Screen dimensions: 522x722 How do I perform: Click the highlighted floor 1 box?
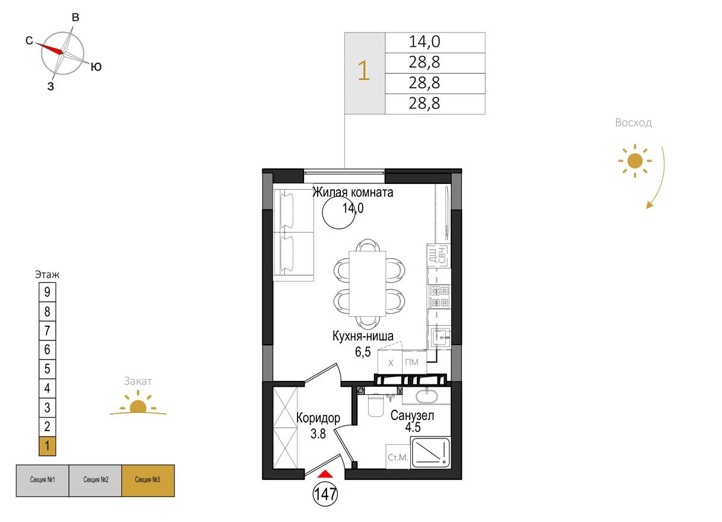pyautogui.click(x=47, y=446)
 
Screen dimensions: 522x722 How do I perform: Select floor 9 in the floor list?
pyautogui.click(x=47, y=292)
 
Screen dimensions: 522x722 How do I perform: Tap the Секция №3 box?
pyautogui.click(x=148, y=480)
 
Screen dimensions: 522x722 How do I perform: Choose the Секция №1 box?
pyautogui.click(x=42, y=480)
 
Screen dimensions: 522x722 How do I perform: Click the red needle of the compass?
pyautogui.click(x=51, y=48)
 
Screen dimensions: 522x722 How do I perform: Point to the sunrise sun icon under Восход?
pyautogui.click(x=635, y=160)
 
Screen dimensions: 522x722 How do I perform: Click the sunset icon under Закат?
pyautogui.click(x=138, y=407)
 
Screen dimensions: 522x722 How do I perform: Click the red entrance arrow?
pyautogui.click(x=325, y=473)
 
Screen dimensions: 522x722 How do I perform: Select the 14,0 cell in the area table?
pyautogui.click(x=435, y=43)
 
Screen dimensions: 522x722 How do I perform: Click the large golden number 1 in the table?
pyautogui.click(x=364, y=73)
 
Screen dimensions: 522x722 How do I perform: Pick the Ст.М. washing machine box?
pyautogui.click(x=397, y=457)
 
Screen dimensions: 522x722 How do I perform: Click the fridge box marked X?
pyautogui.click(x=390, y=362)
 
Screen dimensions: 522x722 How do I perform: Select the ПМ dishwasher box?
pyautogui.click(x=411, y=362)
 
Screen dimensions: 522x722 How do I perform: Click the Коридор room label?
pyautogui.click(x=318, y=418)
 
